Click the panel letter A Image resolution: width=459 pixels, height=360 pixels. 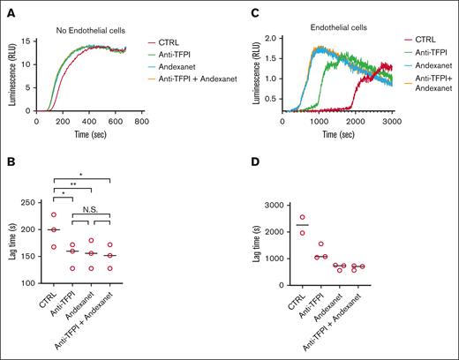click(7, 7)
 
